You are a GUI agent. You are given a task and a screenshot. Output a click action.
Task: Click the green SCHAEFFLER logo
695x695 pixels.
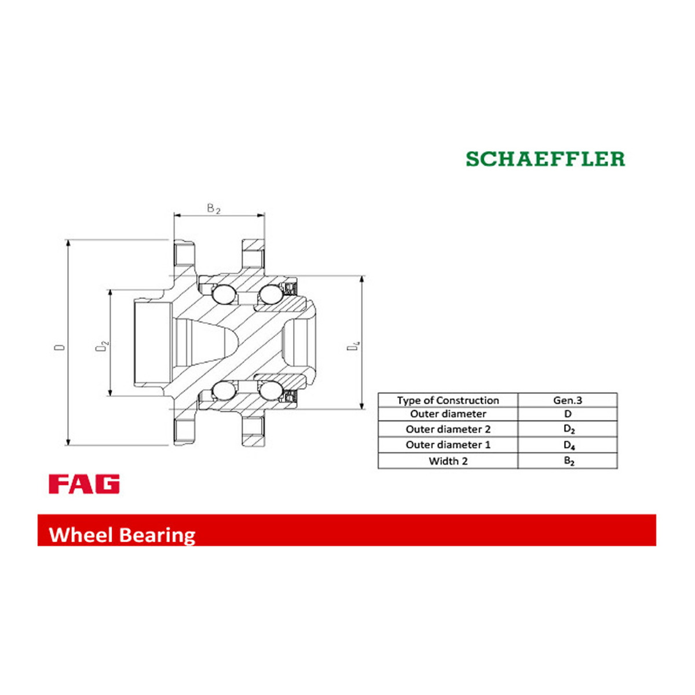(546, 159)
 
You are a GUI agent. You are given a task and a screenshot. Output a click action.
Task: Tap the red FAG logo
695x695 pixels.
(84, 484)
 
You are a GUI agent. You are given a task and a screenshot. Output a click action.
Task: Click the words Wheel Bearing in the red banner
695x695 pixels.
(122, 535)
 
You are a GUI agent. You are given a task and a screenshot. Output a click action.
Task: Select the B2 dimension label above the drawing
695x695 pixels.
(214, 209)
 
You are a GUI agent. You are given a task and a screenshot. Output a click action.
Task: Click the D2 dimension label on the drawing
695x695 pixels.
(102, 346)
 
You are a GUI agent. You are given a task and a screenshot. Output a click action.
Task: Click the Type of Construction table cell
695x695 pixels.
(448, 400)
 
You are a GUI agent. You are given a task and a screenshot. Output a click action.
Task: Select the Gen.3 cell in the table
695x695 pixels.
(568, 400)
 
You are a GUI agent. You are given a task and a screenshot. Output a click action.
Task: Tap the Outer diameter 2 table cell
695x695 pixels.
(448, 429)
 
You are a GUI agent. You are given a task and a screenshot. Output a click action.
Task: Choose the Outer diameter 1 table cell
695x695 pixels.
(448, 445)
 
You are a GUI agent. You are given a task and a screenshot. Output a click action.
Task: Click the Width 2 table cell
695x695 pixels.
(448, 461)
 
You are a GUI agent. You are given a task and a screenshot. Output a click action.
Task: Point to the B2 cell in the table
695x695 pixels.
(568, 461)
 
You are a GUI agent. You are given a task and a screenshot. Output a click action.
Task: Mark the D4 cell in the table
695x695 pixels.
(568, 445)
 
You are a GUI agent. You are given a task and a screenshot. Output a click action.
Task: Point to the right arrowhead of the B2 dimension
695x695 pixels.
(261, 215)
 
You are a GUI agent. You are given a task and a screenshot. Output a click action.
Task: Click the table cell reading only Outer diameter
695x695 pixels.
(448, 414)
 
